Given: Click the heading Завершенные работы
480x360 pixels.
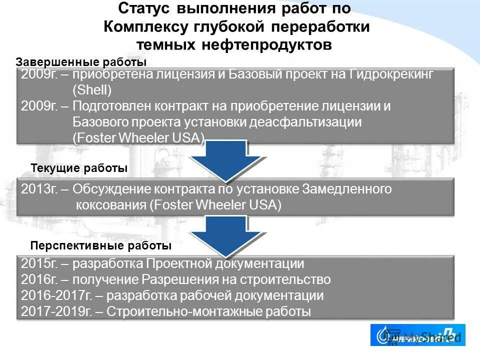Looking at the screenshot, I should click(81, 62).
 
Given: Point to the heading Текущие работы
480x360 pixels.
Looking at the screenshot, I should click(79, 168).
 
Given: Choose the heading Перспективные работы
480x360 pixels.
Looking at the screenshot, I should click(101, 246).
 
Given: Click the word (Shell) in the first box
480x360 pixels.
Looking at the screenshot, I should click(92, 90).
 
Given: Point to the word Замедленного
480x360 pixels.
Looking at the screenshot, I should click(346, 189).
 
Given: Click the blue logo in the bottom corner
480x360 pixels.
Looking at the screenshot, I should click(417, 335).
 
